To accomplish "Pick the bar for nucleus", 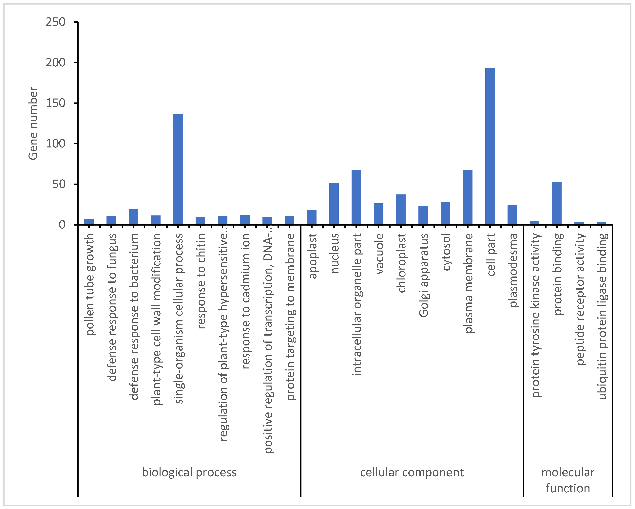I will click(334, 204).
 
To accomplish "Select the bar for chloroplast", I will click(401, 209).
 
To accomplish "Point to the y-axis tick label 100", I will click(55, 144).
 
